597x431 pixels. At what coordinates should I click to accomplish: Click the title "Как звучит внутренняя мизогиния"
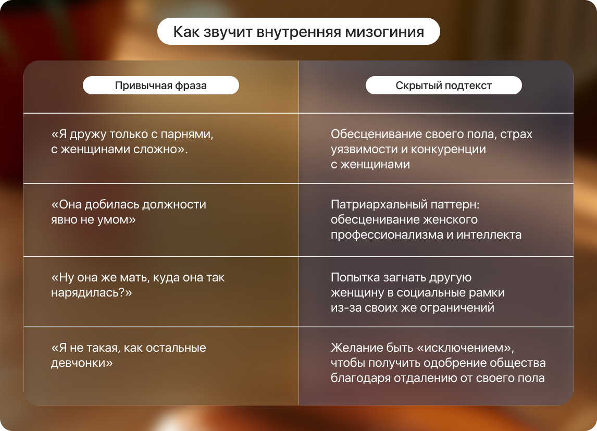298,32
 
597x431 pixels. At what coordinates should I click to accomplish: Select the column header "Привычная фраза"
160,85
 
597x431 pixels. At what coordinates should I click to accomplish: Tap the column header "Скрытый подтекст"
443,85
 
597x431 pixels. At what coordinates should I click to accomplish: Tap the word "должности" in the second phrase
174,205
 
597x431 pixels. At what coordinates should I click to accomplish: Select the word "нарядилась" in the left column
88,293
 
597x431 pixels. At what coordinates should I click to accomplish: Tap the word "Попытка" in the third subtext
355,278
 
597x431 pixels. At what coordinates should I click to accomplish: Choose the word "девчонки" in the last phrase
79,363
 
